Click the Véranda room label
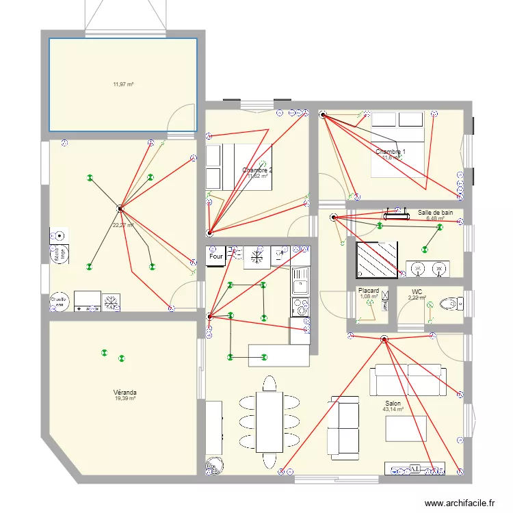coord(124,393)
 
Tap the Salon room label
coord(393,404)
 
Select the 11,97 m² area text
coord(123,85)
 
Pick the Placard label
coord(369,291)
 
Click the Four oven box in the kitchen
coord(216,256)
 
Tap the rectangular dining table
coord(269,421)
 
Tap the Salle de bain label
coord(436,213)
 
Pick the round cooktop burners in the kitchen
coord(300,306)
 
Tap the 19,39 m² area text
coord(124,399)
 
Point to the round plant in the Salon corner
coord(214,465)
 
